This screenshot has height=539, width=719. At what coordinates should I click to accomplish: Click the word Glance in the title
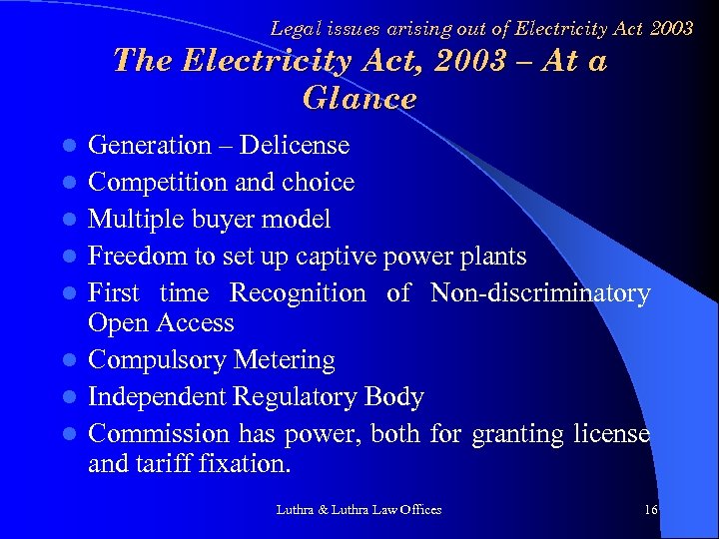359,99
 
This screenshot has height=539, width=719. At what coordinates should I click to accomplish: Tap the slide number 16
651,510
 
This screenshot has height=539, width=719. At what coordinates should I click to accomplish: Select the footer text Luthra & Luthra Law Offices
359,510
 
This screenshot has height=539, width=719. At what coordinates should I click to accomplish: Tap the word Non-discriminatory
540,293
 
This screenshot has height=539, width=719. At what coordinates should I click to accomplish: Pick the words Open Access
161,323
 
